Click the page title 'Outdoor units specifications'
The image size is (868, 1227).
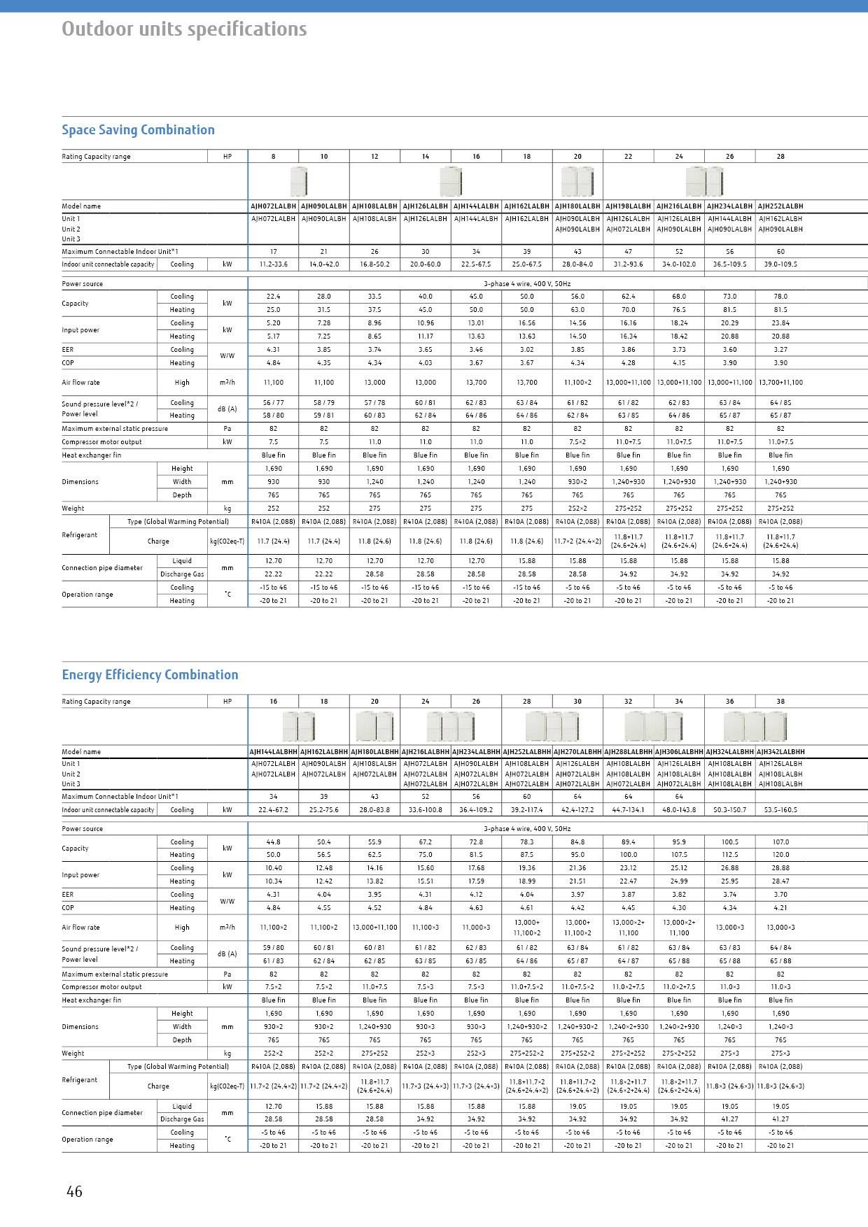click(x=184, y=29)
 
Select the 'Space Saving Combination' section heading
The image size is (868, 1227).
click(x=138, y=130)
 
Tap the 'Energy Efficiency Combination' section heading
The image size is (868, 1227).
click(x=150, y=675)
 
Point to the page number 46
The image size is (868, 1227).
click(x=74, y=1191)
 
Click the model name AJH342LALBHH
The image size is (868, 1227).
click(x=780, y=751)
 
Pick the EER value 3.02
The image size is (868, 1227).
click(x=526, y=350)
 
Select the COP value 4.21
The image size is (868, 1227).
click(x=780, y=908)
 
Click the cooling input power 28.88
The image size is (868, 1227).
click(x=780, y=868)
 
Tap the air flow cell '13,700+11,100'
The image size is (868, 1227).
click(x=780, y=383)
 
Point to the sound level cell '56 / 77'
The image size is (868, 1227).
click(x=273, y=403)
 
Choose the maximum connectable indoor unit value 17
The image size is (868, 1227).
click(x=273, y=252)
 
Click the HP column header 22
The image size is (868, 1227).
click(x=628, y=157)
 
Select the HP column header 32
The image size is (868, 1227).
click(x=628, y=702)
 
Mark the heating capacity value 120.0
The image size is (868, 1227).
click(x=780, y=855)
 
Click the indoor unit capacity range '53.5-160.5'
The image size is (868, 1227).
click(x=780, y=810)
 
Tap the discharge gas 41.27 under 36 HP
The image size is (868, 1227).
click(x=729, y=1119)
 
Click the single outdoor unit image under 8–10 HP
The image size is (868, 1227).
click(x=299, y=182)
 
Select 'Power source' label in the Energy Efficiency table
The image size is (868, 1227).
click(x=83, y=829)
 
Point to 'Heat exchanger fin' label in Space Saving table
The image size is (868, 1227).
click(x=91, y=455)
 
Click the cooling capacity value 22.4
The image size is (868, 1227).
click(x=273, y=297)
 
